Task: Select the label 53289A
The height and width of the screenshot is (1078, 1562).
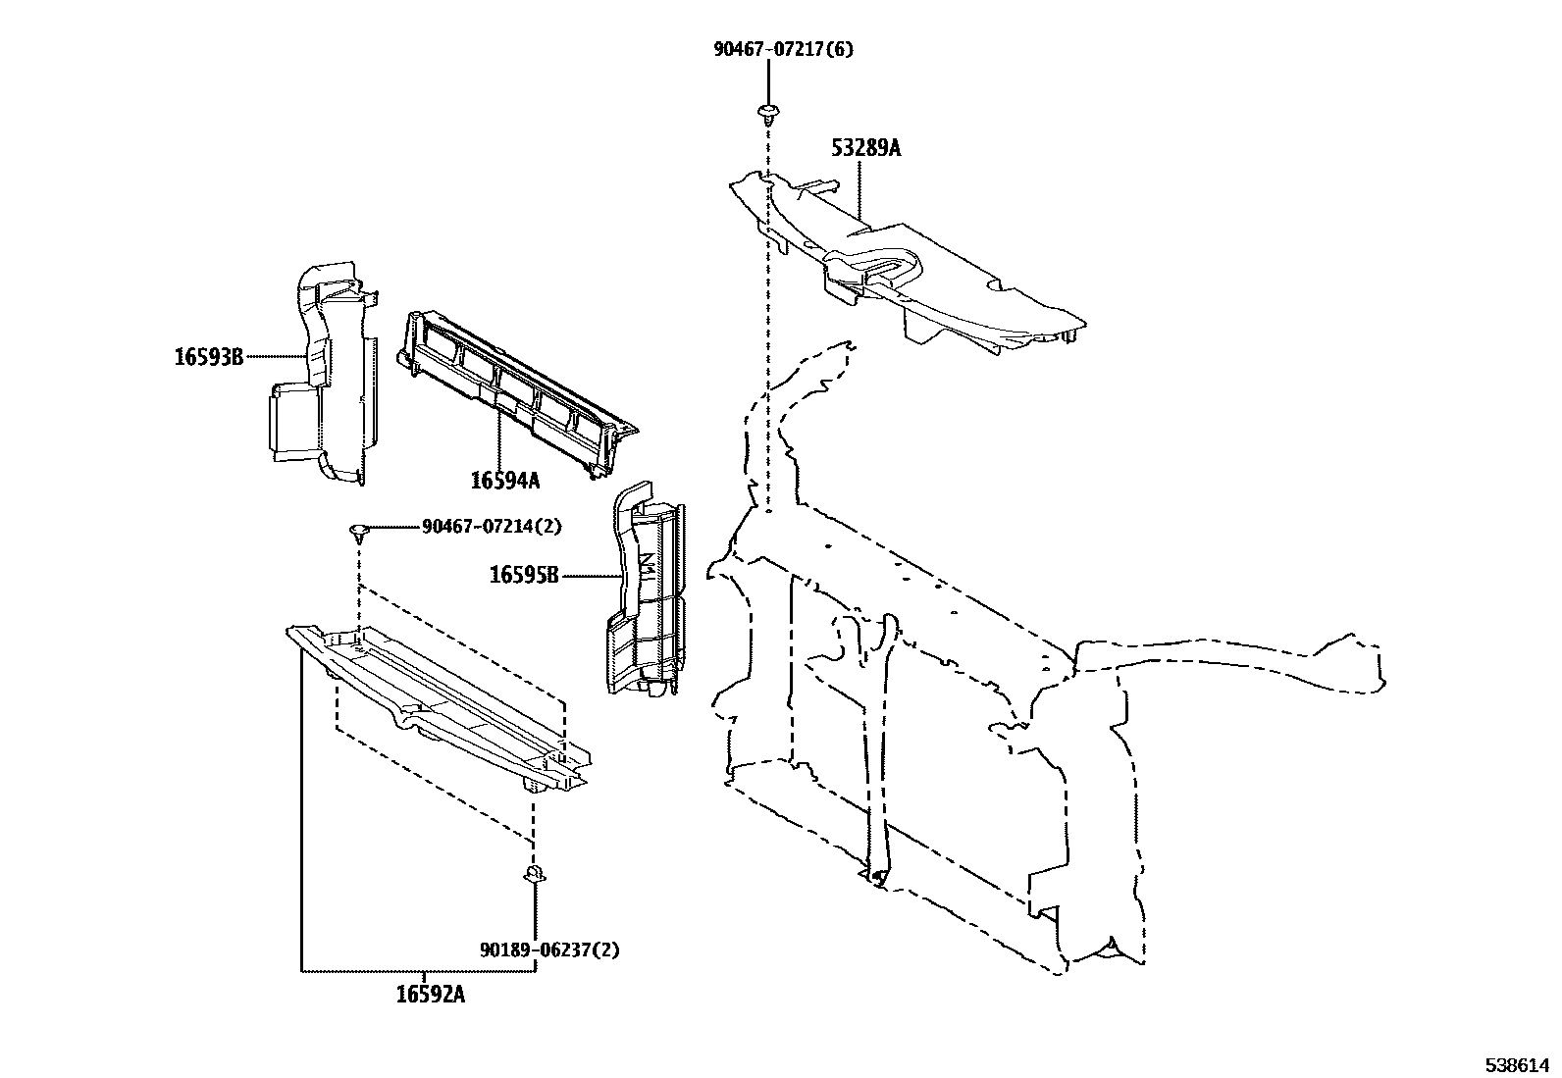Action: (865, 148)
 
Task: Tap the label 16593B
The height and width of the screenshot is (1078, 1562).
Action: (208, 357)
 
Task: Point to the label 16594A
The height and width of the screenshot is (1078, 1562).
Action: (504, 480)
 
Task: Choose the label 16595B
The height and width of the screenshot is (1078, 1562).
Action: (524, 576)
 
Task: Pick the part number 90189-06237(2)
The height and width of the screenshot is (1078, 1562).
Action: (549, 950)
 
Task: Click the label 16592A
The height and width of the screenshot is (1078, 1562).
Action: (431, 995)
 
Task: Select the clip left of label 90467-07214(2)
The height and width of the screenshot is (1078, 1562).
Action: (359, 532)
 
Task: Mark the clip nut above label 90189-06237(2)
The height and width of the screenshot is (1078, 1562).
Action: (535, 873)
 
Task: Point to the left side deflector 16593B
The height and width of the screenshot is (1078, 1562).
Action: (324, 383)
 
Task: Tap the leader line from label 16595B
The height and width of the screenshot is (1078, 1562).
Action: (590, 576)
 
